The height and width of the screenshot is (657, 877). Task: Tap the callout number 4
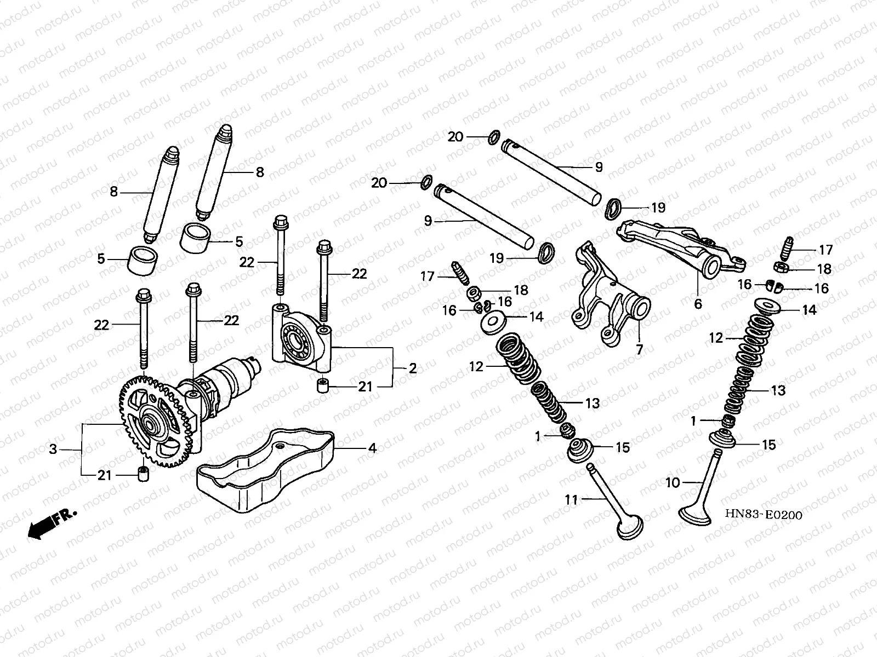click(372, 449)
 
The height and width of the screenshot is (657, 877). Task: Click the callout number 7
click(639, 349)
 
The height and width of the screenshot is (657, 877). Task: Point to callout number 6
click(698, 304)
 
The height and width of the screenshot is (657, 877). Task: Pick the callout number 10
click(673, 483)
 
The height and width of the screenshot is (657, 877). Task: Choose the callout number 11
click(572, 499)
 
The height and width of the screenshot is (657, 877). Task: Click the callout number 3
click(53, 449)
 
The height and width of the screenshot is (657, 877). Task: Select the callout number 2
click(412, 369)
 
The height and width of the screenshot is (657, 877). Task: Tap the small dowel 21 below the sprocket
click(144, 474)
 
